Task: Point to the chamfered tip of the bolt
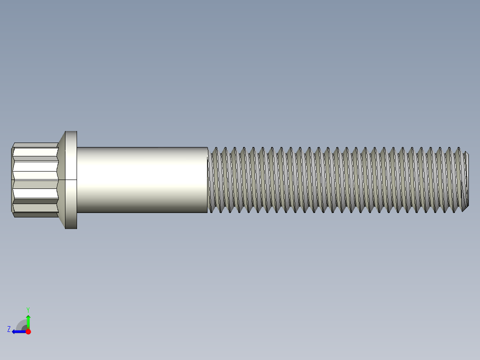coord(466,180)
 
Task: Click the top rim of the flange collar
coord(71,132)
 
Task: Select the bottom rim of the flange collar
coord(71,227)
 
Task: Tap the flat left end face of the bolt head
coord(12,180)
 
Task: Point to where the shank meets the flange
coord(77,180)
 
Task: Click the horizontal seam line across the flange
coord(71,180)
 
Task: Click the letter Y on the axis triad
coord(28,309)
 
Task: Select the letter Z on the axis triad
coord(8,329)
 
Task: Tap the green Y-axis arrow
coord(28,321)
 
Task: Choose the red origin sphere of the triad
coord(28,331)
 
